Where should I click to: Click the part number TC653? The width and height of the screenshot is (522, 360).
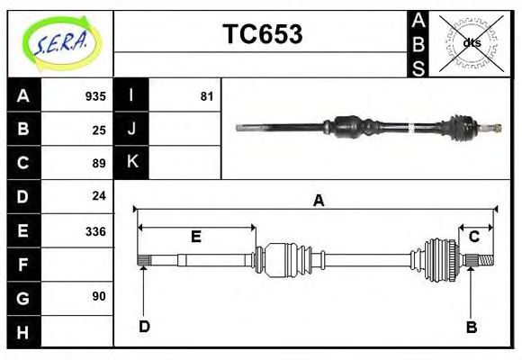[x=262, y=35]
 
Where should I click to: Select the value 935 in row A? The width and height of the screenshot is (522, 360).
[x=95, y=96]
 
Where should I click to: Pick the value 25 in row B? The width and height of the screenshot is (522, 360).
[x=99, y=130]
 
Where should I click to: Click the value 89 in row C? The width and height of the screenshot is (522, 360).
[x=99, y=163]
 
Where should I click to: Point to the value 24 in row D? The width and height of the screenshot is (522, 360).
[x=99, y=196]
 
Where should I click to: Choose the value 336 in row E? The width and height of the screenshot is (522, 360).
[x=95, y=231]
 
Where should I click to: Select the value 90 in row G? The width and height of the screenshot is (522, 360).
[x=99, y=296]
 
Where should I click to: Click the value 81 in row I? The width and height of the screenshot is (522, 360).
[x=207, y=96]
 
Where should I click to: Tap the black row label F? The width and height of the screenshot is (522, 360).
[x=23, y=265]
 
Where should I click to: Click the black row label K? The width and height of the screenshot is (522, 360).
[x=132, y=162]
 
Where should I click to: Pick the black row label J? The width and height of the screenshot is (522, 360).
[x=132, y=129]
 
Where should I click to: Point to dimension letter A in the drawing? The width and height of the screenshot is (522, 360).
[x=318, y=202]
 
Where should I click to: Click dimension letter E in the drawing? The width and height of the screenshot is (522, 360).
[x=195, y=238]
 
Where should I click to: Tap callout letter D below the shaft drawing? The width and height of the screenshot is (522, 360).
[x=144, y=327]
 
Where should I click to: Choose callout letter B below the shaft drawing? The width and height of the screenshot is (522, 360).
[x=471, y=328]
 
